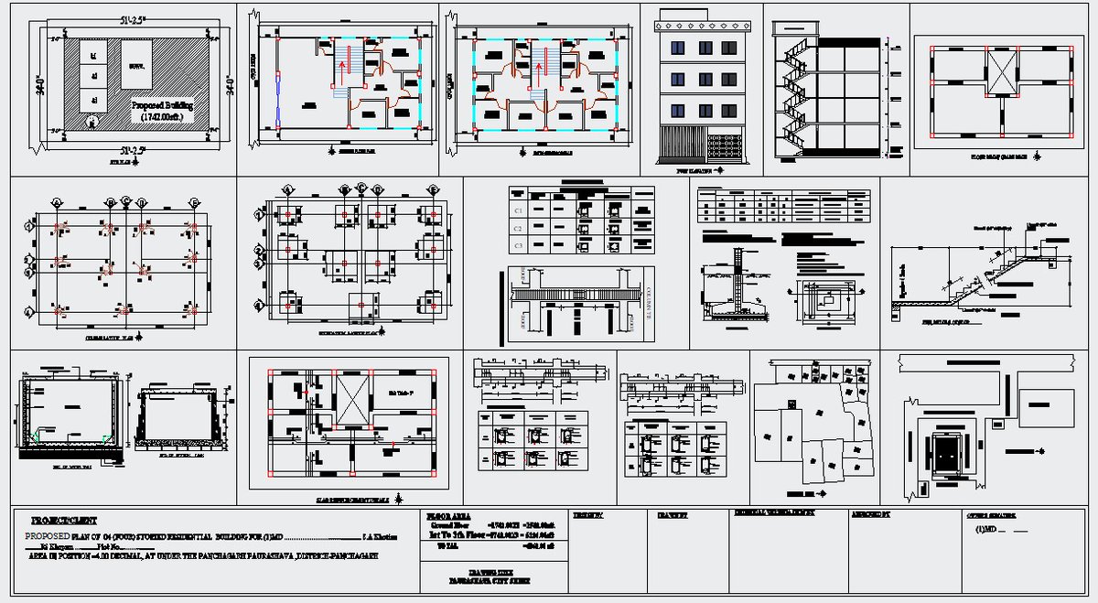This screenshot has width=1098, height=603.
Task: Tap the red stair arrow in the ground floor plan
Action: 346,64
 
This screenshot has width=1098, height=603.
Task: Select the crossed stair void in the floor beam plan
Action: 1000,70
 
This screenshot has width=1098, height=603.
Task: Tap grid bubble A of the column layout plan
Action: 58,202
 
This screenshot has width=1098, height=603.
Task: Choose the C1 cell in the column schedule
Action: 518,210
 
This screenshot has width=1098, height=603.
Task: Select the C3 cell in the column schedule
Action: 518,245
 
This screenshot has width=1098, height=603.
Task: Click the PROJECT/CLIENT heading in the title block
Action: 64,519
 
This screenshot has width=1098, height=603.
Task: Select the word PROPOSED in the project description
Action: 47,534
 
